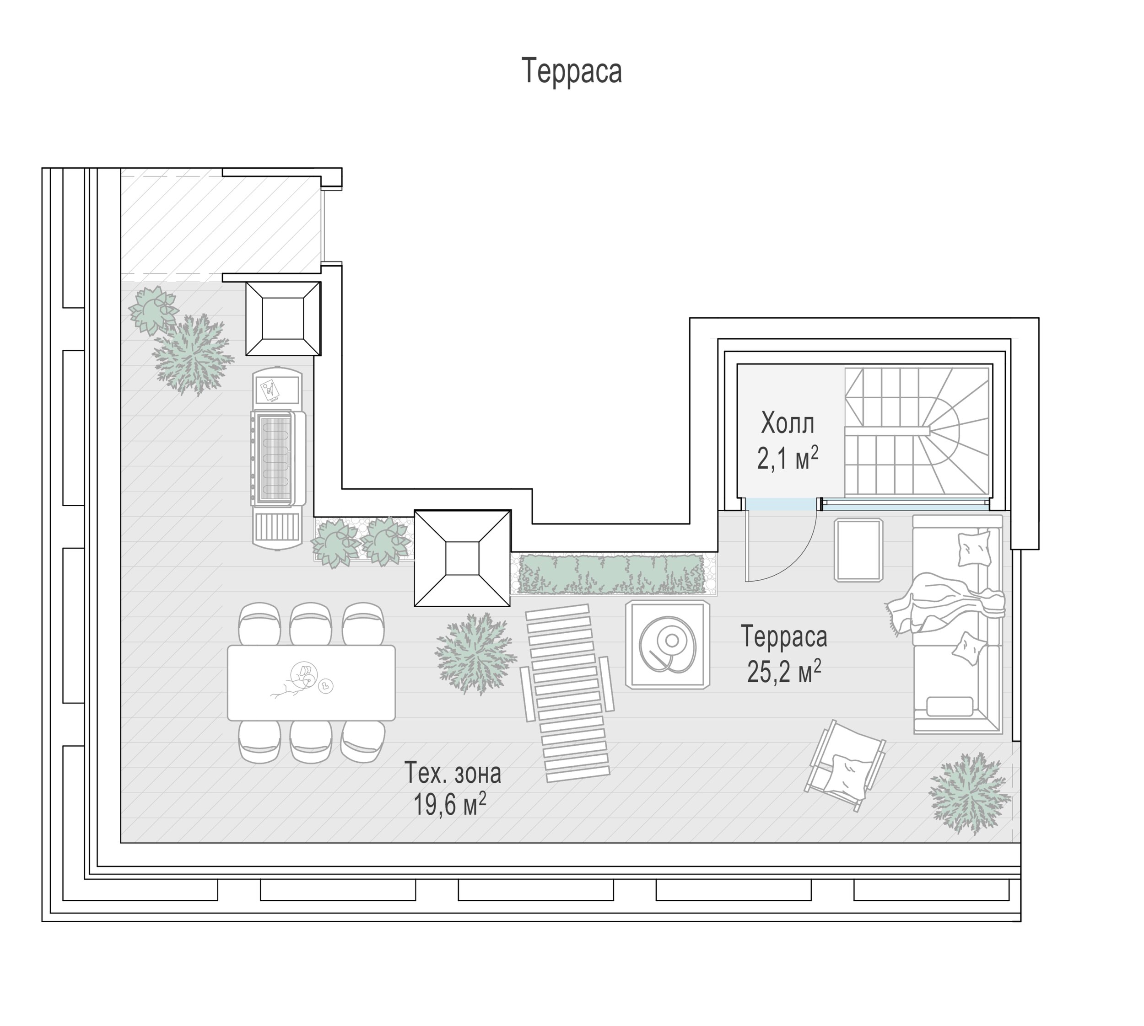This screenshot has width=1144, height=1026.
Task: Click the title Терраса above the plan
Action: coord(572,71)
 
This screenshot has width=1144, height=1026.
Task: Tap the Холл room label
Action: coord(788,423)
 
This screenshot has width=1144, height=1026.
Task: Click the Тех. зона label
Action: coord(453,774)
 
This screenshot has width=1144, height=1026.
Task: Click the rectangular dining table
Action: coord(311,683)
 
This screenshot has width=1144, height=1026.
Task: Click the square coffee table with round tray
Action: coord(667,644)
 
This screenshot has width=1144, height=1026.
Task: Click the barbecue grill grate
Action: coord(274,458)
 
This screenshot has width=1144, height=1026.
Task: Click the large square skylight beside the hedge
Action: coord(463,558)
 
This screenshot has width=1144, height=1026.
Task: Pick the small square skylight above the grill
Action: coord(283,319)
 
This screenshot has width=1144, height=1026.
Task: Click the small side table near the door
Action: coord(858,550)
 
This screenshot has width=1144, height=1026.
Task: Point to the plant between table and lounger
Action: coord(475,653)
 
